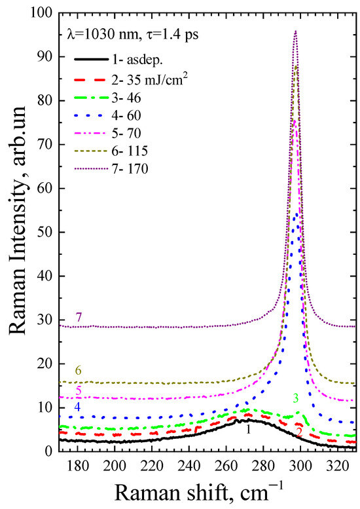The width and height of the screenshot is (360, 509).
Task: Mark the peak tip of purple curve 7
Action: coord(296,31)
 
